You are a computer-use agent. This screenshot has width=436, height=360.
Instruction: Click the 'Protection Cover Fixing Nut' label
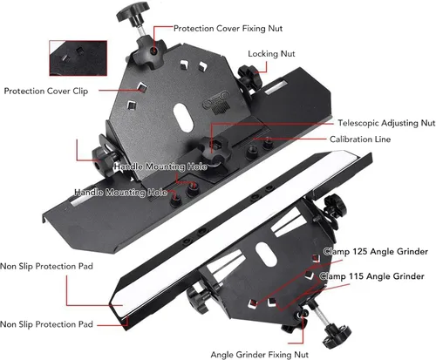(228, 29)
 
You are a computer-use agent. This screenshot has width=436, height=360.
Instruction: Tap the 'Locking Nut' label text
(271, 54)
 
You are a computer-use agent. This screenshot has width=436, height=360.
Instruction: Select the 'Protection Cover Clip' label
(46, 91)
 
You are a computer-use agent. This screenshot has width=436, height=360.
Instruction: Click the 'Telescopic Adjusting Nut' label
(386, 123)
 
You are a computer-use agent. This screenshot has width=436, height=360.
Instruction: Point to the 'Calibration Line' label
(360, 139)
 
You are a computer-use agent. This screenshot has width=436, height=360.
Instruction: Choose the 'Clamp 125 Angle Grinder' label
(376, 251)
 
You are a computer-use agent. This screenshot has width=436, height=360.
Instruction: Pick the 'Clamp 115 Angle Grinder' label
(371, 276)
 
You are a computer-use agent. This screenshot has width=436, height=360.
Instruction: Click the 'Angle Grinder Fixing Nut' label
(259, 355)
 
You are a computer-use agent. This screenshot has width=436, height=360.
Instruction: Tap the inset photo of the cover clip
(78, 58)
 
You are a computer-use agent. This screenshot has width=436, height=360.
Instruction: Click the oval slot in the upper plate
(184, 117)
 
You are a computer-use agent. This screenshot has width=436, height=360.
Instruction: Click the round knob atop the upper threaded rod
(133, 11)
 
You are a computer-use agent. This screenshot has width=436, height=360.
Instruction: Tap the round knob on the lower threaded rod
(337, 336)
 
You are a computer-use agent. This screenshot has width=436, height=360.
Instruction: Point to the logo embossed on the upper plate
(216, 101)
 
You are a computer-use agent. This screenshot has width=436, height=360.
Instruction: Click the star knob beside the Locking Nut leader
(249, 78)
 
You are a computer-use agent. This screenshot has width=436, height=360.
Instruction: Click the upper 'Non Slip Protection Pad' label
(46, 266)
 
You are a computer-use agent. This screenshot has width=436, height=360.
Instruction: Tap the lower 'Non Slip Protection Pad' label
(46, 324)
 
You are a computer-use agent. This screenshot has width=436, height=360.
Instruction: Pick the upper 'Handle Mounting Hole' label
(160, 166)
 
